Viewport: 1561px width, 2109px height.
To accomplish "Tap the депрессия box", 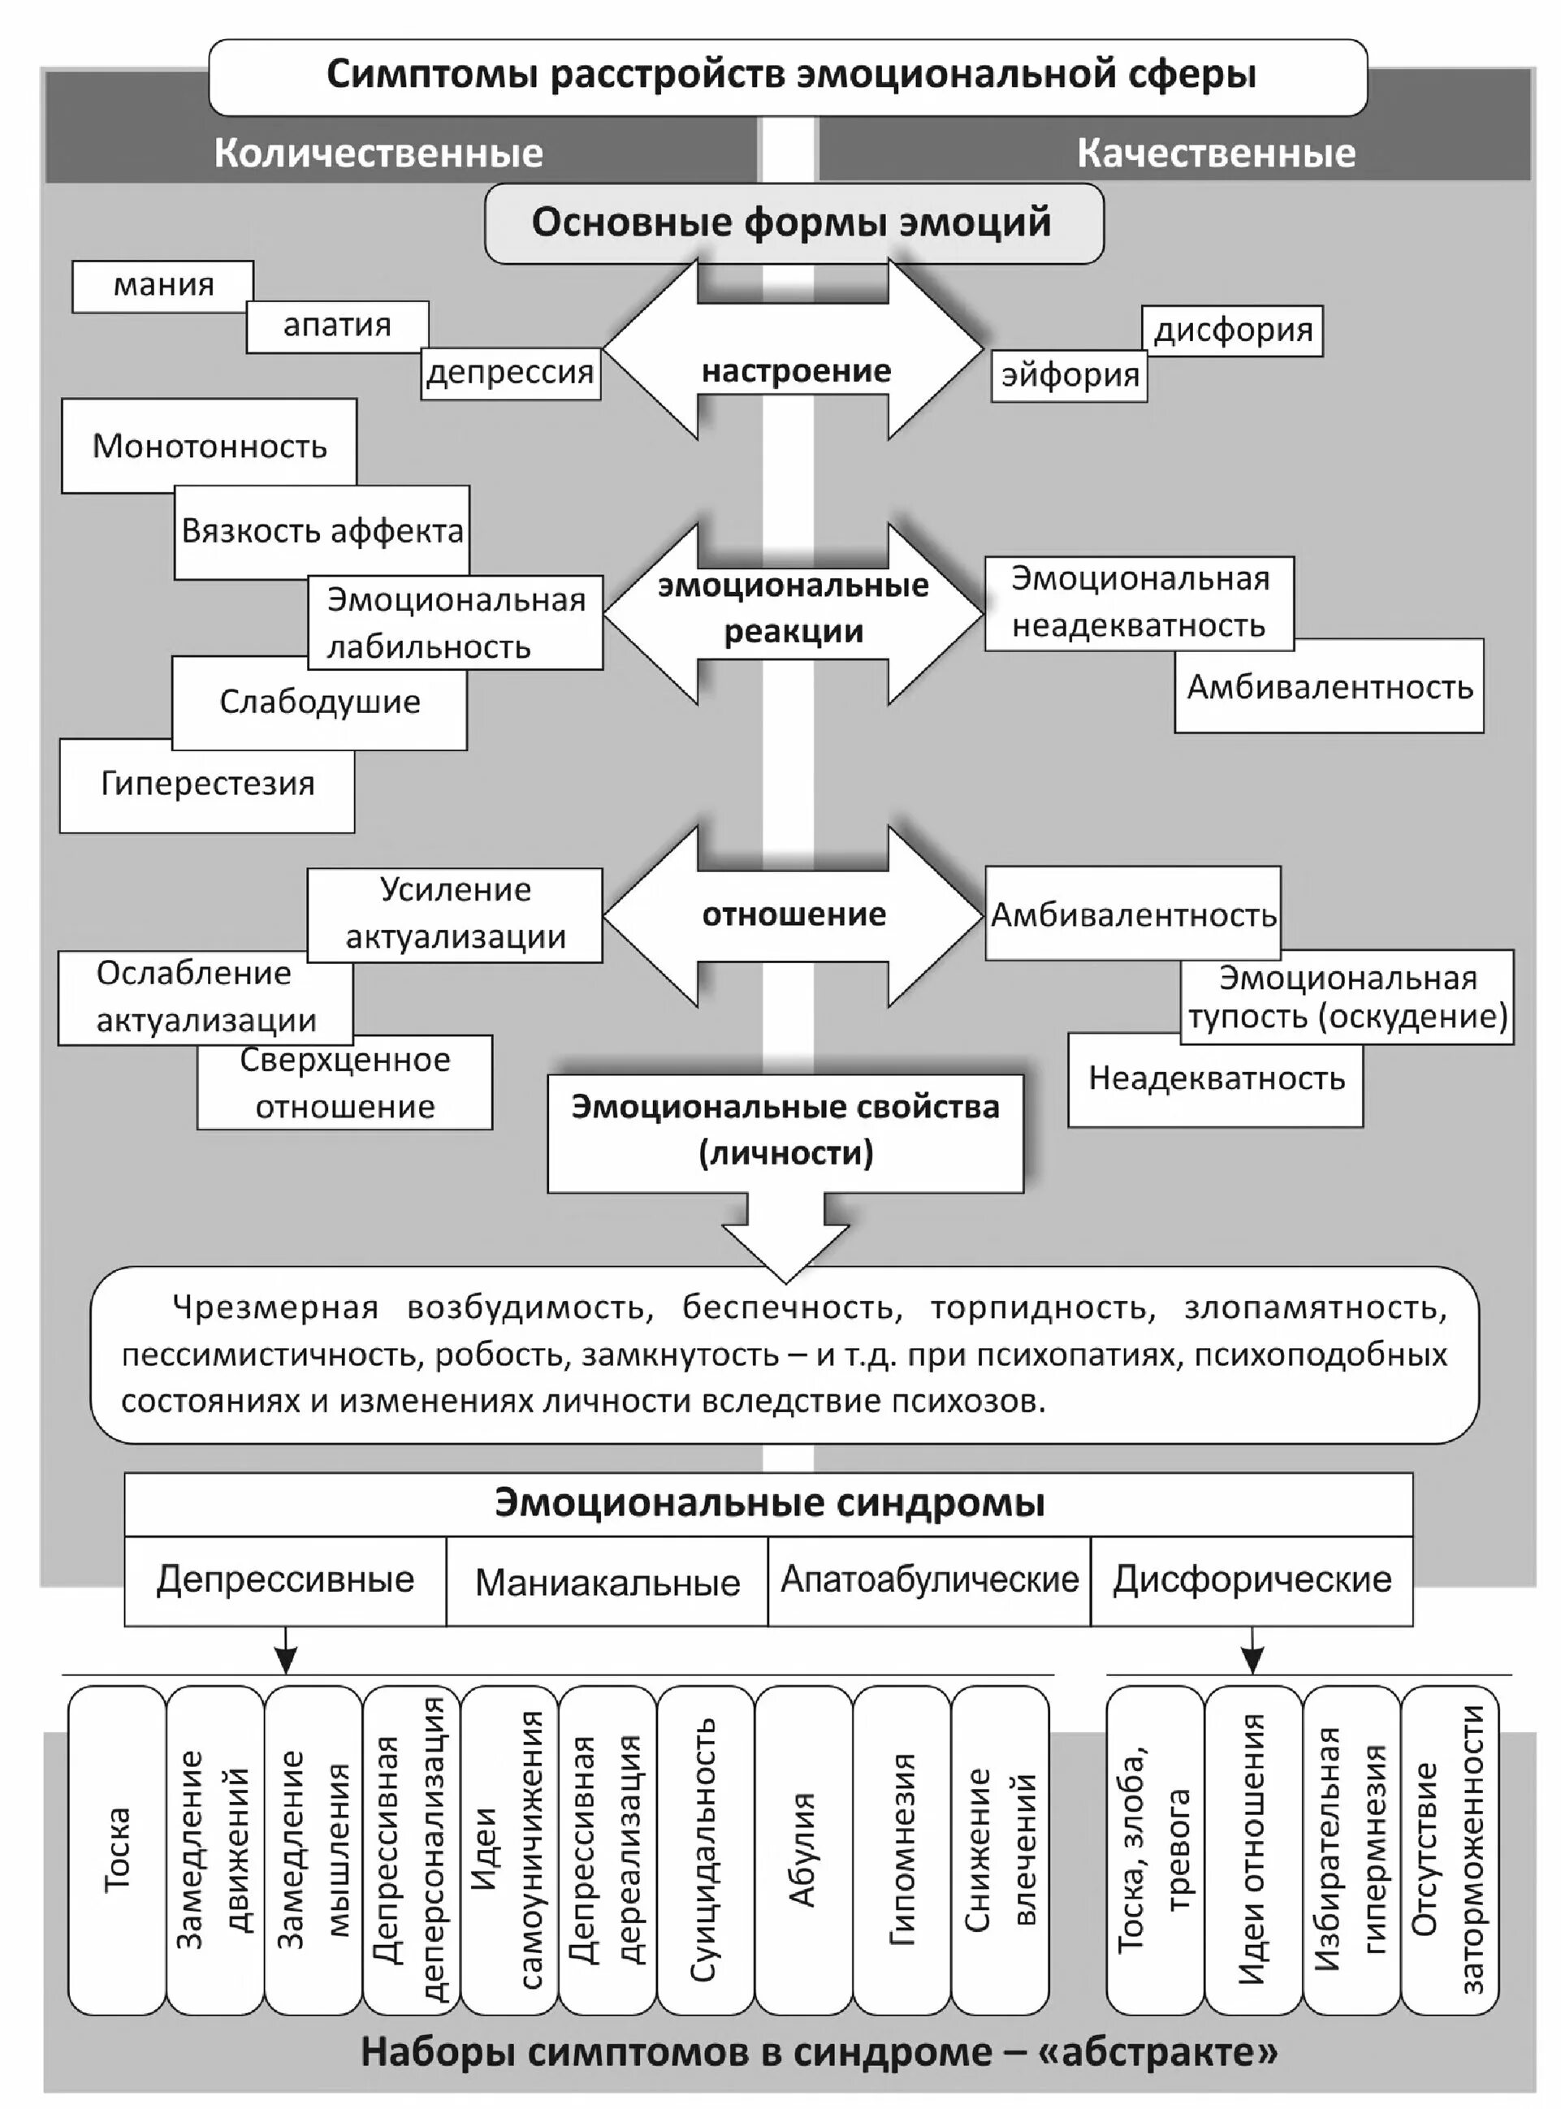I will (510, 374).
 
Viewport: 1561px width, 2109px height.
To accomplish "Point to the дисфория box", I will (1232, 331).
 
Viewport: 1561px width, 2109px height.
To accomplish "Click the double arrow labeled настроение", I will (794, 371).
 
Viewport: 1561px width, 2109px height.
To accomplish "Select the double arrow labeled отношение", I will (793, 914).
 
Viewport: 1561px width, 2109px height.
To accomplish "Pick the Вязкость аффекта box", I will (322, 532).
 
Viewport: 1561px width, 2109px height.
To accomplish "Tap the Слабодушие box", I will (319, 702).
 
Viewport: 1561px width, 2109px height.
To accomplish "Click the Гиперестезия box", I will (207, 785).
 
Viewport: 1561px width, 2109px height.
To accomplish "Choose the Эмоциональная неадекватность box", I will (1139, 603).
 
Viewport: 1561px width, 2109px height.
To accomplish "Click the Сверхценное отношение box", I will (345, 1083).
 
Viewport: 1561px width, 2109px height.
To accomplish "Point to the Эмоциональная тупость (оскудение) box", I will (1347, 997).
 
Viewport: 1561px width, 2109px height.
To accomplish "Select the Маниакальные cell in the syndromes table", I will (607, 1582).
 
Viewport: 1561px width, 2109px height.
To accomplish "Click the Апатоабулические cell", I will (929, 1579).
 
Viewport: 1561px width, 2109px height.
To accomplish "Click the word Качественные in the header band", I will (1216, 153).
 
